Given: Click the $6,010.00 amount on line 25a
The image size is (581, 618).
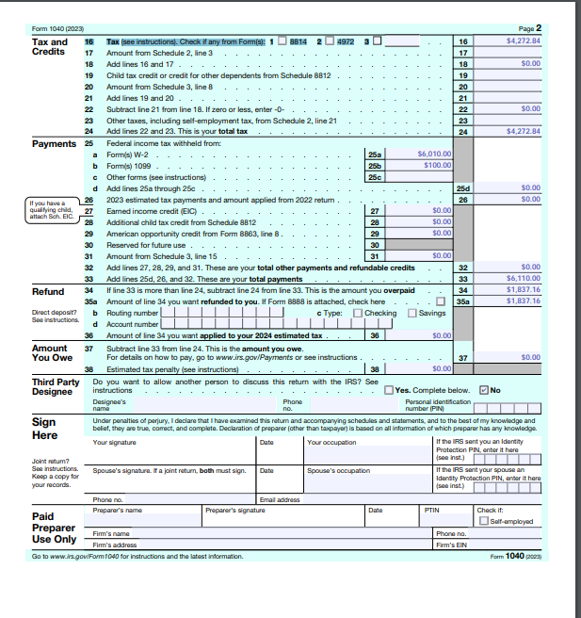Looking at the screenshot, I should click(x=434, y=153).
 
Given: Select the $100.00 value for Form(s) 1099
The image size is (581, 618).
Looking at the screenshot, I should click(x=437, y=165).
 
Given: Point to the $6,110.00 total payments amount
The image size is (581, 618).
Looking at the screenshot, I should click(x=524, y=279).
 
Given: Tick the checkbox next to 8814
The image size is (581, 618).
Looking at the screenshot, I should click(x=281, y=42).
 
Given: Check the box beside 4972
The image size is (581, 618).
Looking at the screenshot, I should click(x=329, y=42).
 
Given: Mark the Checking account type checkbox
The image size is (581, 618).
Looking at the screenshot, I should click(x=358, y=313).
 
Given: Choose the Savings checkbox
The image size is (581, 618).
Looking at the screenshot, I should click(x=412, y=313).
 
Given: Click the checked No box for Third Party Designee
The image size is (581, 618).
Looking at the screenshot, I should click(x=484, y=390).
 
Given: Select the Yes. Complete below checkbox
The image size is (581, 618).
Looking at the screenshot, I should click(x=389, y=390).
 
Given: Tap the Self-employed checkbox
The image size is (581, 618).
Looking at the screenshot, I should click(x=483, y=521).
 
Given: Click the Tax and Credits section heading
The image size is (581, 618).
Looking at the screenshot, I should click(x=50, y=46).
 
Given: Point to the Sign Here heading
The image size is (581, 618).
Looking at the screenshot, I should click(x=45, y=429).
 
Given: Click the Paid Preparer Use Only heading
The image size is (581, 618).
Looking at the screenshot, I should click(x=54, y=528).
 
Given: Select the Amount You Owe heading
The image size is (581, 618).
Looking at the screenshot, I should click(x=50, y=352).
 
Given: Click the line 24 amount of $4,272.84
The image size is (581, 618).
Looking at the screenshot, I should click(x=524, y=131).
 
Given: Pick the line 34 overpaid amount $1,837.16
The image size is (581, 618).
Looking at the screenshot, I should click(x=524, y=290).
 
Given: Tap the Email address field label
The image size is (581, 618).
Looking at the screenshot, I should click(x=281, y=499).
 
